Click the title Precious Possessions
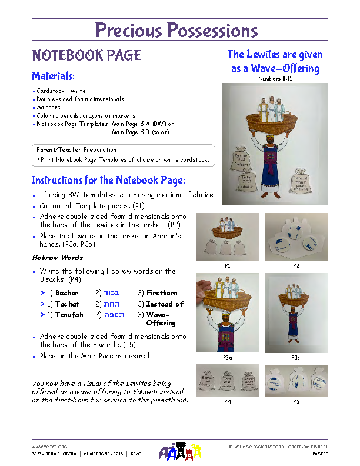click(176, 30)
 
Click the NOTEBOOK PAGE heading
click(86, 55)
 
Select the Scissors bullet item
click(48, 108)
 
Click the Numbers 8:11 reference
click(275, 78)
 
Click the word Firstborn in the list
click(162, 293)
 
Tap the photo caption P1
click(227, 266)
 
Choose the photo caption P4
click(227, 402)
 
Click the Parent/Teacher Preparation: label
click(78, 150)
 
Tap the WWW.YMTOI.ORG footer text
click(49, 447)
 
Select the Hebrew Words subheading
click(57, 258)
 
